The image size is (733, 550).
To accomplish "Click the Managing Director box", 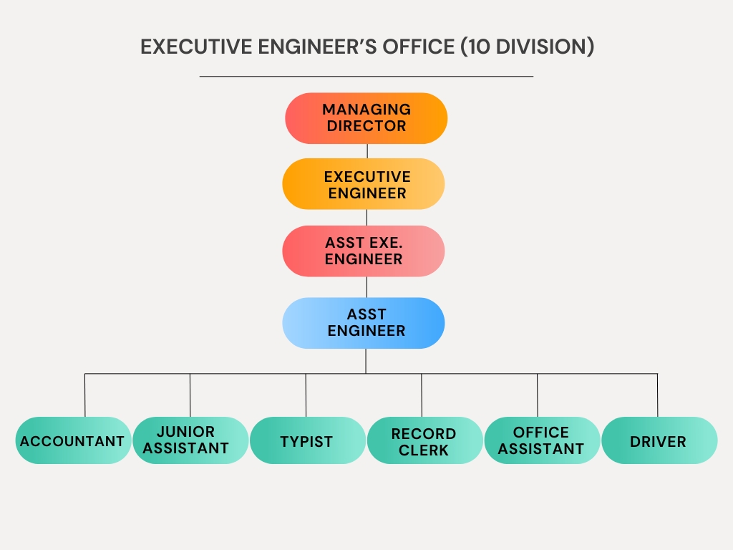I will coord(366,118).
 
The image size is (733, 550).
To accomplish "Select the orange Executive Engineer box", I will coord(364,184).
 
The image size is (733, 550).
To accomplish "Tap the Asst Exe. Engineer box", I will coord(364,251).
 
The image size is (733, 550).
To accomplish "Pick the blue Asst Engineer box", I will coord(364,323).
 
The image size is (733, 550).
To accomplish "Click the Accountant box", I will coord(73,440).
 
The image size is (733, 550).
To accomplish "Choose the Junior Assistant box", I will coord(190,440).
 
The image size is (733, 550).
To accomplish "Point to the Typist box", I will coord(307,440).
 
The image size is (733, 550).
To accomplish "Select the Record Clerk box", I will coord(424,441).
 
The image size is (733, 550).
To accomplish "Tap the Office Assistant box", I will coord(542,440).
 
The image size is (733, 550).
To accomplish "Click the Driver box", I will coord(659,440).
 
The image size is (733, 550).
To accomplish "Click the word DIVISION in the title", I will coord(542,47).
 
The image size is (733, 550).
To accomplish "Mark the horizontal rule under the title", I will coord(366,76).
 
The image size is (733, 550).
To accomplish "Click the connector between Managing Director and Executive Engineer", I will coord(366,151).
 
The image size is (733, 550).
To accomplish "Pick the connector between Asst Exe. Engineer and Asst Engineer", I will coord(366,286).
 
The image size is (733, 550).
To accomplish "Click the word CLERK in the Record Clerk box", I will coord(424,450).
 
